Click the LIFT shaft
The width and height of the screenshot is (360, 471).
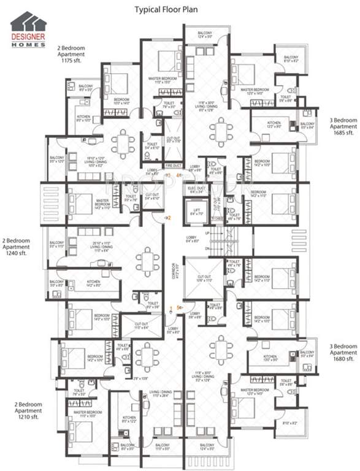tap(197, 211)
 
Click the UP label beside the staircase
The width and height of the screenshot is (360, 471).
tap(209, 234)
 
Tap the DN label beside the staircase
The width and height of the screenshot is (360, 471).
tap(209, 248)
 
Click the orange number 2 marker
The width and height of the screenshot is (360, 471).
tap(170, 218)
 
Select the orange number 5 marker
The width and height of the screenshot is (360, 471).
tap(178, 307)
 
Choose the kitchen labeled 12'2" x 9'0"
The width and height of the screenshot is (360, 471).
tap(274, 125)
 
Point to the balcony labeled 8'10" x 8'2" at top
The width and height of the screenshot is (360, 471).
tap(290, 59)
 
